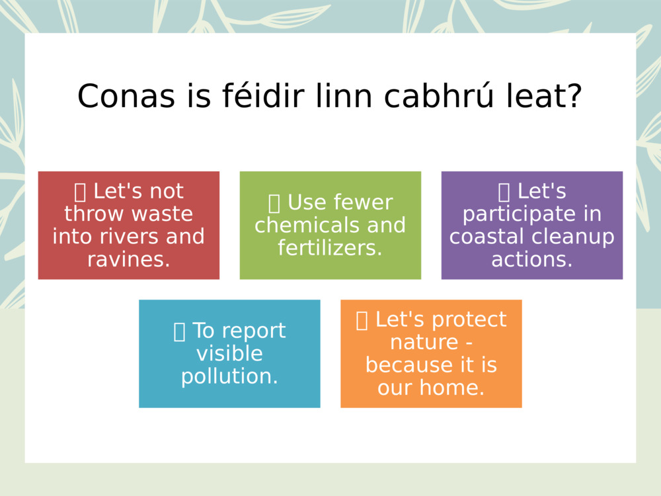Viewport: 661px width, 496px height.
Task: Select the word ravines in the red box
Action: pos(126,259)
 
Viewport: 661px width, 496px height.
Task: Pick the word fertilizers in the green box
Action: pos(329,248)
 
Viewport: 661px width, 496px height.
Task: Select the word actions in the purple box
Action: pos(529,259)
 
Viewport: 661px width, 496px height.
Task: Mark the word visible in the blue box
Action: pos(229,354)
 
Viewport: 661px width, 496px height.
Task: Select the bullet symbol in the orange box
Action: pos(362,320)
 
